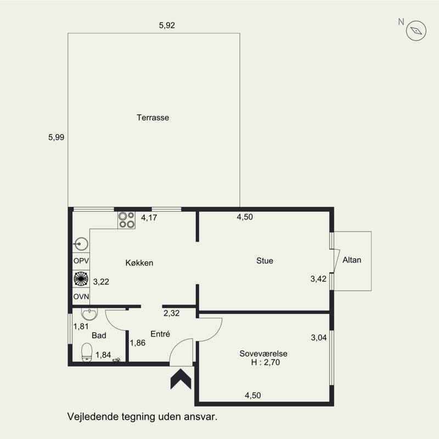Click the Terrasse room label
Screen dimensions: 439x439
click(153, 117)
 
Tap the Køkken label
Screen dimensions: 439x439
click(139, 263)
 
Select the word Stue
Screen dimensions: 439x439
click(264, 261)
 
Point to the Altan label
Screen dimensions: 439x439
click(352, 260)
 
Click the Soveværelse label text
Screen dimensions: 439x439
click(263, 353)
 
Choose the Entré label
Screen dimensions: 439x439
click(160, 334)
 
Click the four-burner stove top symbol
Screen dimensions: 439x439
click(126, 220)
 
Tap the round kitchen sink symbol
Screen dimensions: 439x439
click(81, 244)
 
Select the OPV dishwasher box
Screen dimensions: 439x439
click(81, 261)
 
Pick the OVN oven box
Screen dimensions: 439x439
click(81, 296)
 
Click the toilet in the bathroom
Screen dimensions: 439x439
click(87, 352)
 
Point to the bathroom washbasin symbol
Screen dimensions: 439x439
click(89, 314)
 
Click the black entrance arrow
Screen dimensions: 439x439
click(181, 379)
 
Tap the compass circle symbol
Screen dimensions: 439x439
click(416, 31)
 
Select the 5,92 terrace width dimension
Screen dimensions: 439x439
click(167, 25)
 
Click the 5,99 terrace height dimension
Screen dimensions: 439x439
click(57, 137)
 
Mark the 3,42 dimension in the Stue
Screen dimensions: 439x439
click(318, 279)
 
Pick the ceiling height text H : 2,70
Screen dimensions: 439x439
click(266, 362)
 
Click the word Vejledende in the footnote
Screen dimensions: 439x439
click(93, 417)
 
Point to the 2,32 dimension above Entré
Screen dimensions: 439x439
click(171, 313)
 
